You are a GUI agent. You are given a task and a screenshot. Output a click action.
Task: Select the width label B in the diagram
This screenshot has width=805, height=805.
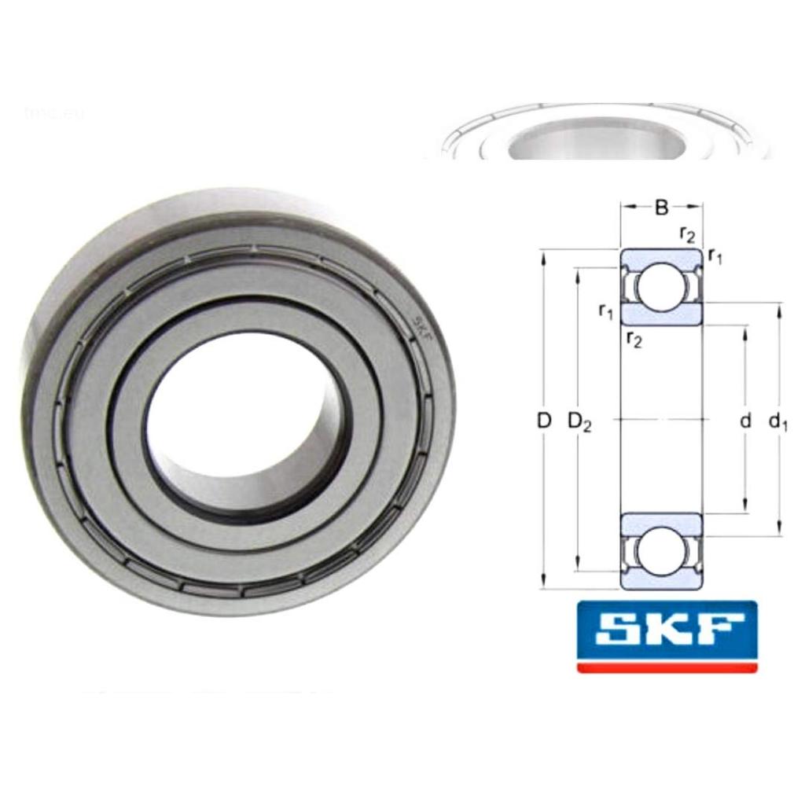click(661, 208)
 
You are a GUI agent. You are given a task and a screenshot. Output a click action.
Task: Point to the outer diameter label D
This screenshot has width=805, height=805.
click(543, 421)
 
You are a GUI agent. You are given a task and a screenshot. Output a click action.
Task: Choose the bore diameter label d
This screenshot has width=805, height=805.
click(745, 421)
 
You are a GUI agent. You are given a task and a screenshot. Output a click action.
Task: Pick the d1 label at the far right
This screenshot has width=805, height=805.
click(778, 422)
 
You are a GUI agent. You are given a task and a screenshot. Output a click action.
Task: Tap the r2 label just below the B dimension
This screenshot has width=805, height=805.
click(686, 234)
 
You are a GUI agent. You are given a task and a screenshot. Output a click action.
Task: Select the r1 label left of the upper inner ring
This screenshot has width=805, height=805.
click(605, 311)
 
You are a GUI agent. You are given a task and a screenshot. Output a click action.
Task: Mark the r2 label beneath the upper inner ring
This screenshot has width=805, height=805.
click(633, 339)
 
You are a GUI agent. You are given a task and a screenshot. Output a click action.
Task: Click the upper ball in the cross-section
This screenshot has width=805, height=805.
click(661, 287)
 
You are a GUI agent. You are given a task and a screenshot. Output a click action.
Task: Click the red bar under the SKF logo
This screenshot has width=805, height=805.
click(667, 667)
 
